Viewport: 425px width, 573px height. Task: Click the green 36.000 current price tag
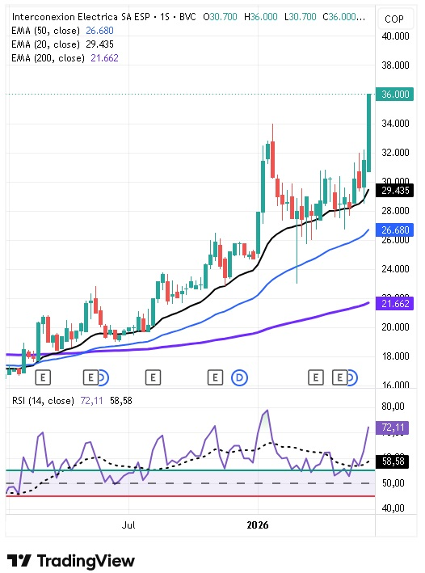(x=394, y=95)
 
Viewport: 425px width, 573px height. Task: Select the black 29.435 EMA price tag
(x=394, y=191)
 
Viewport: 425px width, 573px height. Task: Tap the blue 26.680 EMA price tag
(x=394, y=230)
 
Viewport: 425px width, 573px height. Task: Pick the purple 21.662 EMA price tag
(x=394, y=303)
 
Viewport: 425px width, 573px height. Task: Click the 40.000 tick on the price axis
(x=395, y=36)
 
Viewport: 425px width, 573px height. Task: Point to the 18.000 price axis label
(x=395, y=356)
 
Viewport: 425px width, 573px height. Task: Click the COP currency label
(x=394, y=19)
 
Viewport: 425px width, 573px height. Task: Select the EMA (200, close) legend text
(x=48, y=57)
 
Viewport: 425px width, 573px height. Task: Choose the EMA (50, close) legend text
(x=46, y=31)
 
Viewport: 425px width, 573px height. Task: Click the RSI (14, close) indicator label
(x=43, y=401)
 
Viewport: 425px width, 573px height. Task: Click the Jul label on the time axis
(x=128, y=525)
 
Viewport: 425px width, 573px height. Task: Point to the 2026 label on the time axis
(x=258, y=525)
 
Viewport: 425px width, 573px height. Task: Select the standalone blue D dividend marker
(x=239, y=377)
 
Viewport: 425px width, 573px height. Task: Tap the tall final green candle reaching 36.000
(x=369, y=133)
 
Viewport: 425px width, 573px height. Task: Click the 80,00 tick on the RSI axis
(x=393, y=406)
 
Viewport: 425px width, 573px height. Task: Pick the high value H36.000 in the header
(x=260, y=17)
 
